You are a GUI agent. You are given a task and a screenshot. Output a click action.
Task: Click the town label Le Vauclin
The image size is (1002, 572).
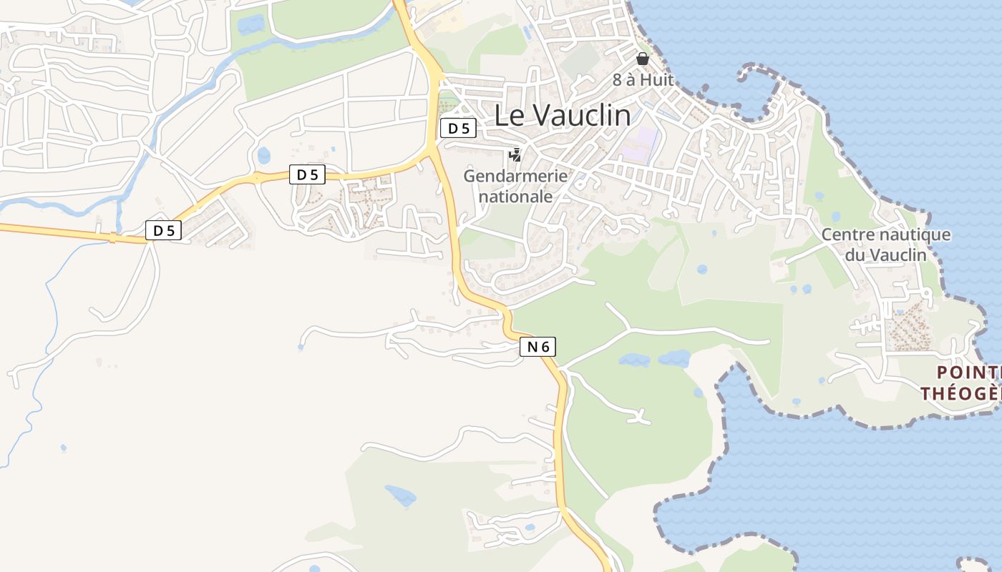tap(563, 115)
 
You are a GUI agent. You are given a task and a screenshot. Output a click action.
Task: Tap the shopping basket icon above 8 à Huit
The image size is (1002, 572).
tap(643, 59)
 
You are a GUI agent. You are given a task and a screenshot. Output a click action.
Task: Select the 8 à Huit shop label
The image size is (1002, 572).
tap(643, 79)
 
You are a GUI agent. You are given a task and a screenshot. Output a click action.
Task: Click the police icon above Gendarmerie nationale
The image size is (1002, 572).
tap(515, 154)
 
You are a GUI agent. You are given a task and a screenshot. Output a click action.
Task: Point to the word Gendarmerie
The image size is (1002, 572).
tap(515, 176)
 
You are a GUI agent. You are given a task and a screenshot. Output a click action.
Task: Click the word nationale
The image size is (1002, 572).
tap(515, 196)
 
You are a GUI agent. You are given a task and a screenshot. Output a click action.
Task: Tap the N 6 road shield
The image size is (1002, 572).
tap(538, 347)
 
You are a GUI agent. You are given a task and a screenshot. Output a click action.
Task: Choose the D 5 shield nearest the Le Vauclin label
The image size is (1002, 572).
tap(458, 129)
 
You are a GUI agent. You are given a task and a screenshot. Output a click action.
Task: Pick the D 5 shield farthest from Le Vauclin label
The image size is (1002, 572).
tap(164, 230)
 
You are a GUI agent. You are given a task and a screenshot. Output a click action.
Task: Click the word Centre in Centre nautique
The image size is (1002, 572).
tap(847, 235)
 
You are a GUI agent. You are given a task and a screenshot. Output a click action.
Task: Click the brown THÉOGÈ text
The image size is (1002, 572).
tap(959, 393)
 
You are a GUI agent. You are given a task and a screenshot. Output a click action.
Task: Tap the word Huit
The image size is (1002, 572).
tap(657, 79)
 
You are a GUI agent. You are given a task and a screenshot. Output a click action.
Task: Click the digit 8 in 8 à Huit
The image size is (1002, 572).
tap(617, 79)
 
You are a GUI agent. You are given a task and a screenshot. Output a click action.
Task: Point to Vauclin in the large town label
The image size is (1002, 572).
tap(583, 115)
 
